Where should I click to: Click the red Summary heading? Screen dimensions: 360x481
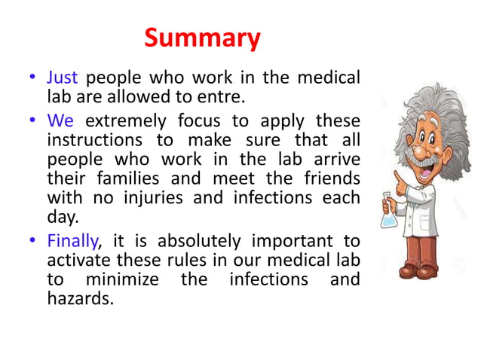pyautogui.click(x=202, y=38)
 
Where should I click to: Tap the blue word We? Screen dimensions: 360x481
pyautogui.click(x=60, y=121)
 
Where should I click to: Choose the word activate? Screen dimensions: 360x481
pyautogui.click(x=75, y=261)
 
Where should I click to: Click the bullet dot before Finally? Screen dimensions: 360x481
pyautogui.click(x=32, y=243)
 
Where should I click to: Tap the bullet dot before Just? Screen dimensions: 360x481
pyautogui.click(x=32, y=78)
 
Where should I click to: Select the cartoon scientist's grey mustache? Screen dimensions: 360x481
pyautogui.click(x=427, y=161)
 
